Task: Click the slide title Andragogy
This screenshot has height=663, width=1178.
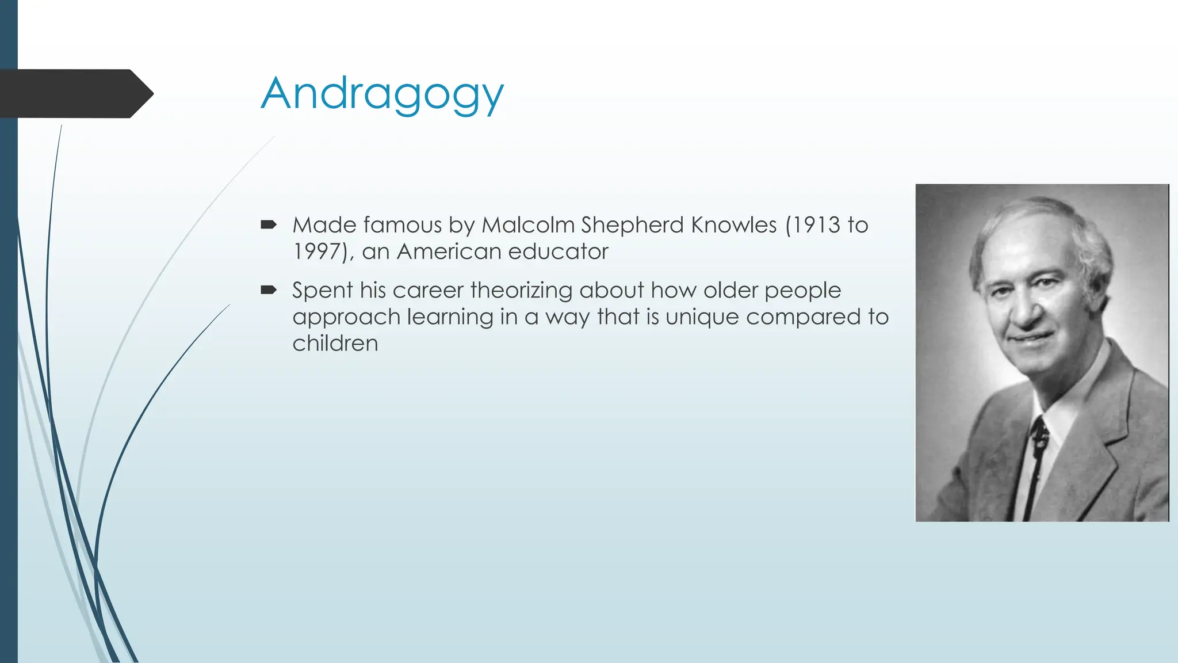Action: coord(382,94)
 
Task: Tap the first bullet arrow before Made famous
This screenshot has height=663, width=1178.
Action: coord(268,224)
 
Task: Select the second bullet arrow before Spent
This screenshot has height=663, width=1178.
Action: coord(268,289)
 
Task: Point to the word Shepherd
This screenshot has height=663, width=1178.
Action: coord(632,225)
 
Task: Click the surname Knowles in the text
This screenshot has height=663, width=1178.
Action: coord(734,225)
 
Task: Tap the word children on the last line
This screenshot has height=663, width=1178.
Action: coord(335,344)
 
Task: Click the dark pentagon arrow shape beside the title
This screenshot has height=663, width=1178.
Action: coord(75,94)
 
